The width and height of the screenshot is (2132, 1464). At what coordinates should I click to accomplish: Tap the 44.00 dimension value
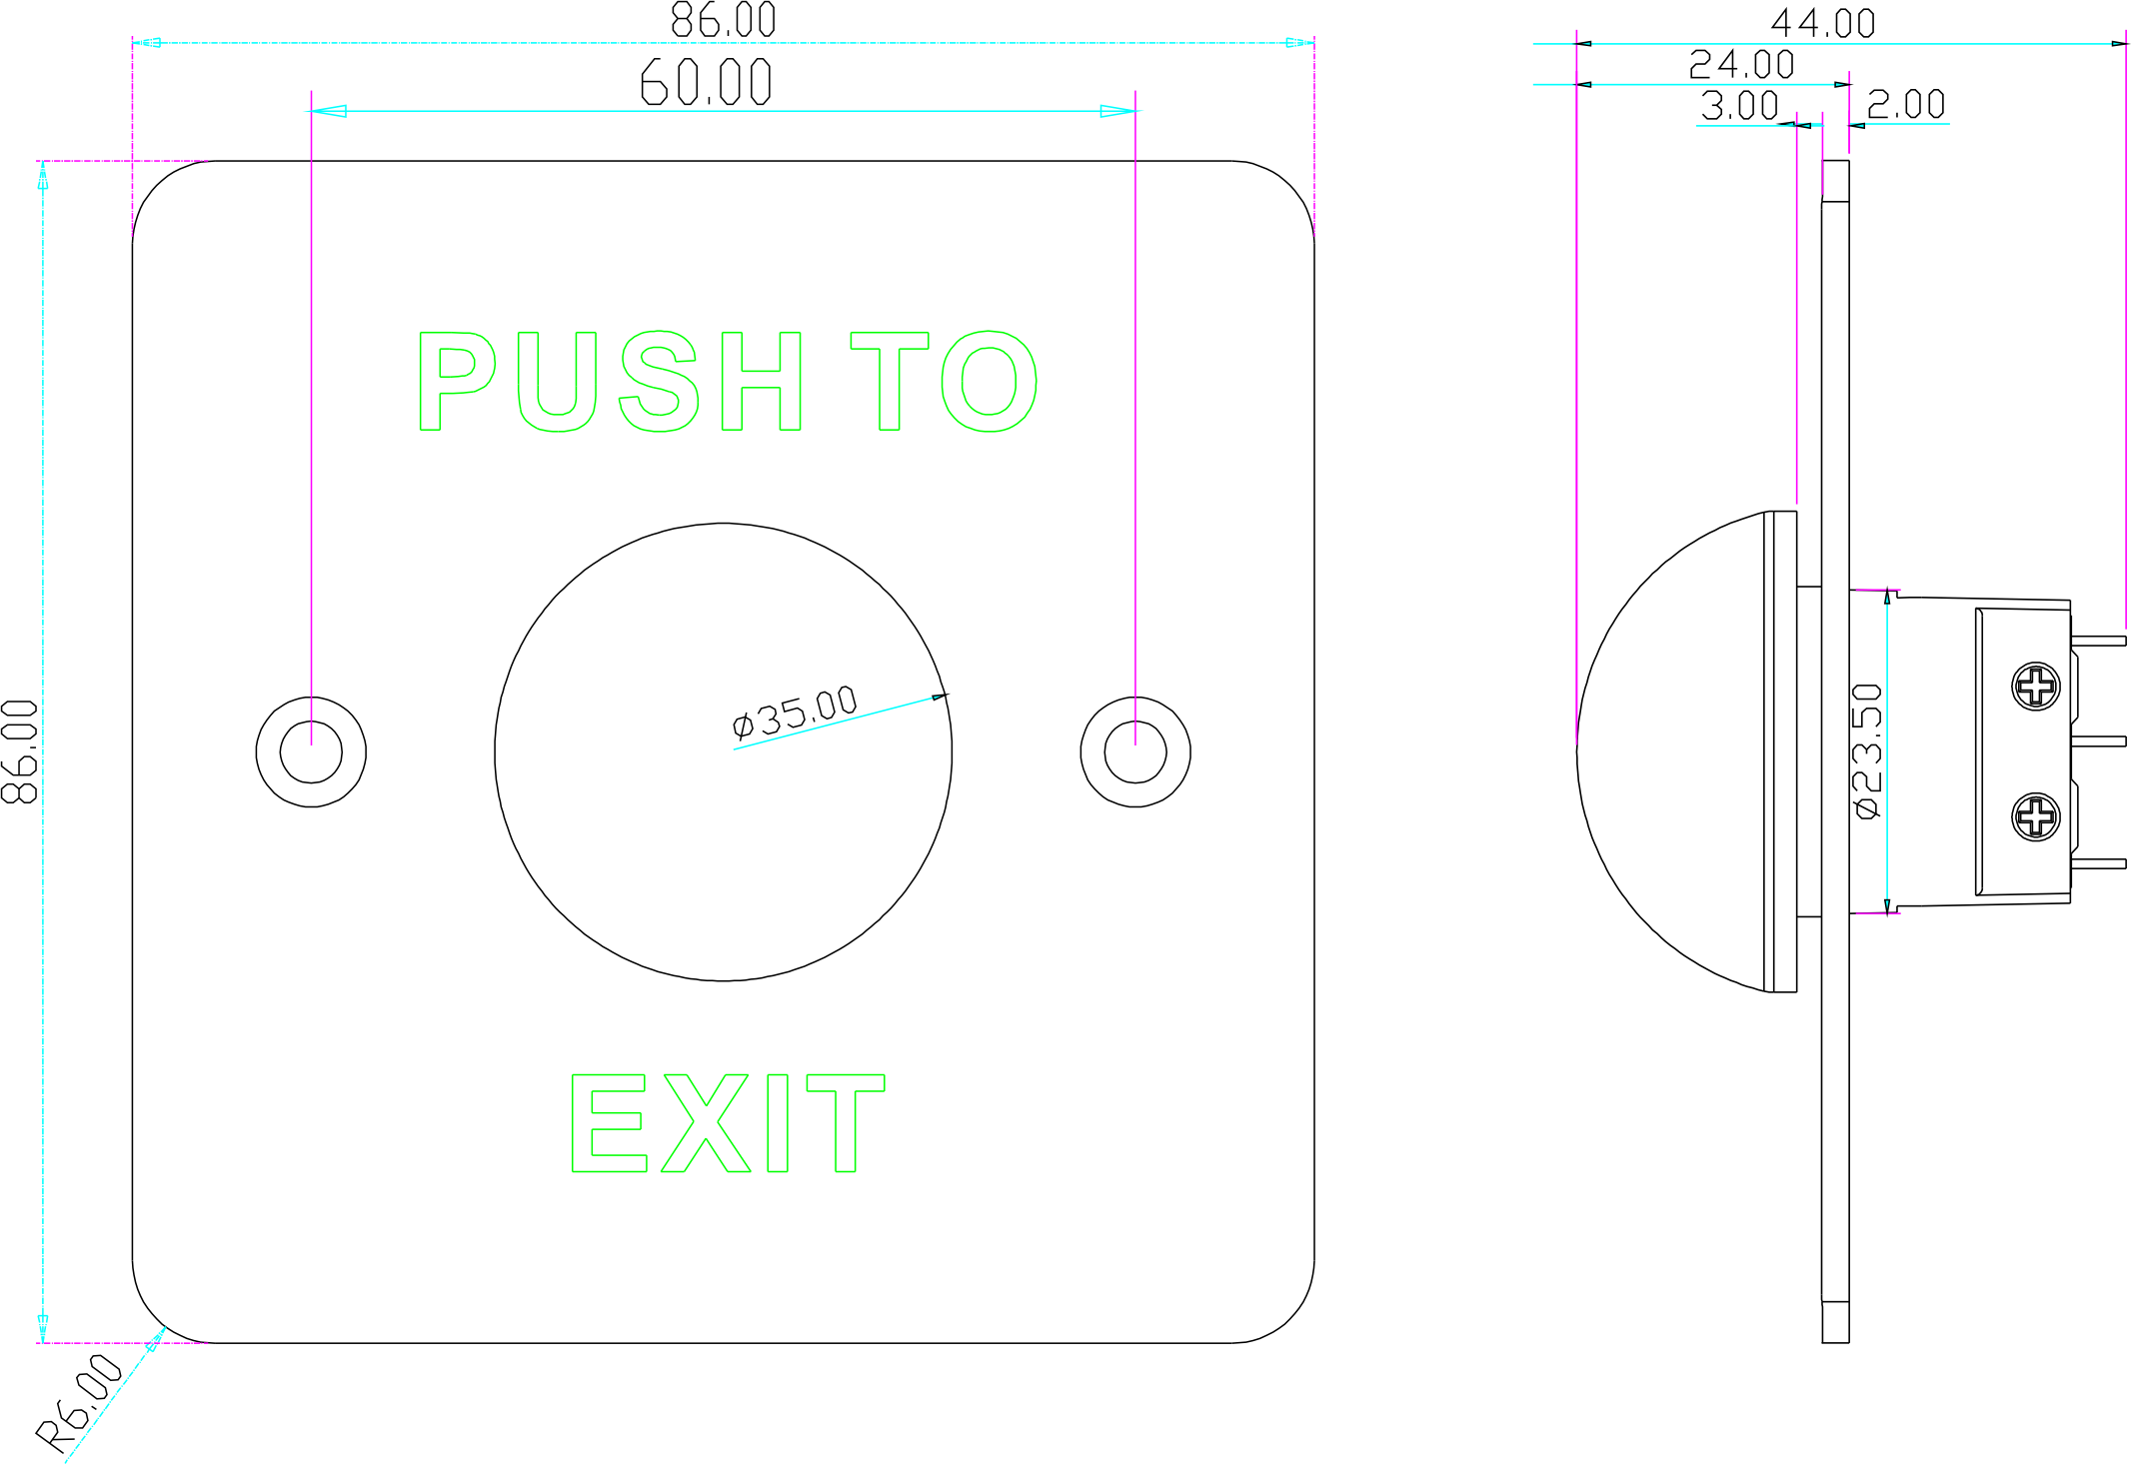pyautogui.click(x=1822, y=23)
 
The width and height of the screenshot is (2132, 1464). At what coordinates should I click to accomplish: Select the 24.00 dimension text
pyautogui.click(x=1741, y=65)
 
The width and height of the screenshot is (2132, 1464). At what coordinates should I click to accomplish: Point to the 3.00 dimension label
pyautogui.click(x=1739, y=105)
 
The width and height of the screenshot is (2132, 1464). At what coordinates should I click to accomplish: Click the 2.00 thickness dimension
pyautogui.click(x=1906, y=104)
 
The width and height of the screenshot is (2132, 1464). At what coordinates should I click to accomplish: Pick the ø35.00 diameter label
pyautogui.click(x=795, y=712)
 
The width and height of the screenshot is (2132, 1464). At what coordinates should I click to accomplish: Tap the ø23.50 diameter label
pyautogui.click(x=1867, y=751)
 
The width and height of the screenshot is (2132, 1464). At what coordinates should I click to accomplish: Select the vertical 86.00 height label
pyautogui.click(x=21, y=751)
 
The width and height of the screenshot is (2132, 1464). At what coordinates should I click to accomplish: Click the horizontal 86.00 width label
pyautogui.click(x=723, y=20)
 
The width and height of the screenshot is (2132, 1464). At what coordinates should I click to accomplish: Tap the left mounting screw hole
pyautogui.click(x=311, y=751)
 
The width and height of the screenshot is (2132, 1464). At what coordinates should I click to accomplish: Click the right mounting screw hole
pyautogui.click(x=1135, y=751)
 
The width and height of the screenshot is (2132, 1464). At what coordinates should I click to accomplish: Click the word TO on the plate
pyautogui.click(x=944, y=381)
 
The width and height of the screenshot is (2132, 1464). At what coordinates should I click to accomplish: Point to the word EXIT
pyautogui.click(x=728, y=1122)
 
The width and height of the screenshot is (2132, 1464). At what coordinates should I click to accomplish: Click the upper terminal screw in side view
pyautogui.click(x=2036, y=687)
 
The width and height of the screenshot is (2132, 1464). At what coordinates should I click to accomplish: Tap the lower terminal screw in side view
pyautogui.click(x=2036, y=816)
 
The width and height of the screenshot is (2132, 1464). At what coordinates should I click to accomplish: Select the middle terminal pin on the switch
pyautogui.click(x=2099, y=741)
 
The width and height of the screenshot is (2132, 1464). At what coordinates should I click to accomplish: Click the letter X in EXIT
pyautogui.click(x=706, y=1122)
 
